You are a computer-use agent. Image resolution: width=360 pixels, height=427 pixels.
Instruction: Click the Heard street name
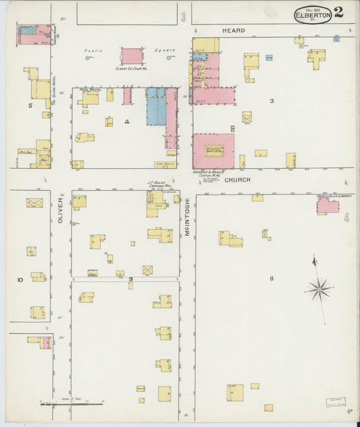234,30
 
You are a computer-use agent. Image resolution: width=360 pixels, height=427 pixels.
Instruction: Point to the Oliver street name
60,210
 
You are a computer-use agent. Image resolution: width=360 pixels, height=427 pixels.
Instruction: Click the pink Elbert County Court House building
132,56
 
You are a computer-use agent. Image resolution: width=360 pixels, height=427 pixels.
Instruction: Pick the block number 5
30,105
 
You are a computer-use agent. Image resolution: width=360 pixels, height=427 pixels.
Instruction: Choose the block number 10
20,279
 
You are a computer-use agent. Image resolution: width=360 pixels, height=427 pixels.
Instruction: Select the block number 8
271,278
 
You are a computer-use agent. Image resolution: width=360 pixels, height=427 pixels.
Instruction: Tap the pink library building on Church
328,205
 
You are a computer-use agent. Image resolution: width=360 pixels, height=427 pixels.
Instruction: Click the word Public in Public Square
93,51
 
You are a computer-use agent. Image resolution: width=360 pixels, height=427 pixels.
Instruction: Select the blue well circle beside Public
88,58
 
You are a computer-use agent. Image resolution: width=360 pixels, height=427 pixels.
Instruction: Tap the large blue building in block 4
156,107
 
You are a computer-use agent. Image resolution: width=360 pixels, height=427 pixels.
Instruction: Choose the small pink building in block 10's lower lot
46,343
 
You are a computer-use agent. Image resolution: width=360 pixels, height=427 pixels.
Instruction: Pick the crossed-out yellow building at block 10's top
34,203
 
